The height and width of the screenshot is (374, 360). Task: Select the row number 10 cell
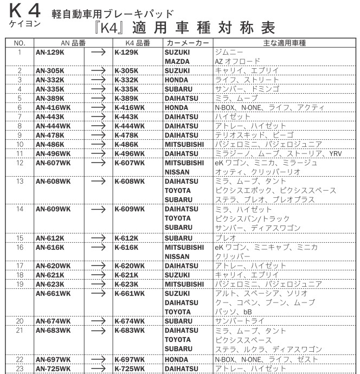coord(19,145)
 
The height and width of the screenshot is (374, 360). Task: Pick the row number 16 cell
coord(19,247)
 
